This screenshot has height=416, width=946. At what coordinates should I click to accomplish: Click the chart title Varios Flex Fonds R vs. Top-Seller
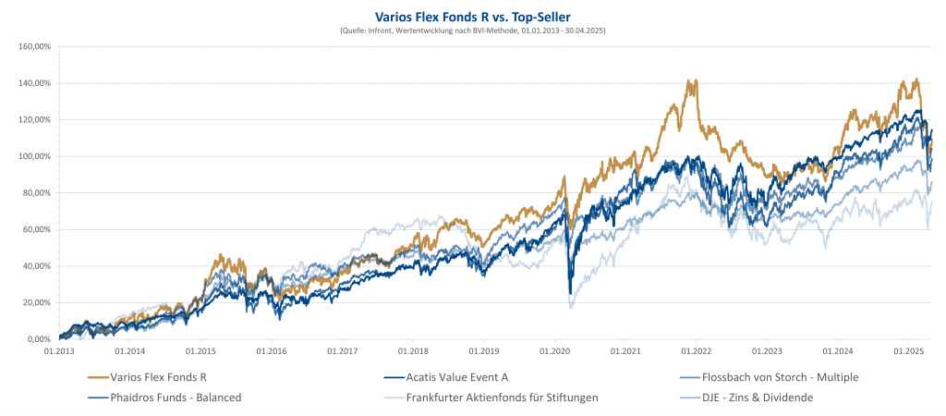(473, 16)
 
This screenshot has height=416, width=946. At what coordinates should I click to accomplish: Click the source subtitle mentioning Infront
(473, 31)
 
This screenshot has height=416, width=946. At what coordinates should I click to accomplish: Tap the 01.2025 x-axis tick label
(909, 351)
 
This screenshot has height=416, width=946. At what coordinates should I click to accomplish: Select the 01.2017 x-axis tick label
(342, 351)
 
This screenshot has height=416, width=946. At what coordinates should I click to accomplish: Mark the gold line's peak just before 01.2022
(689, 81)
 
